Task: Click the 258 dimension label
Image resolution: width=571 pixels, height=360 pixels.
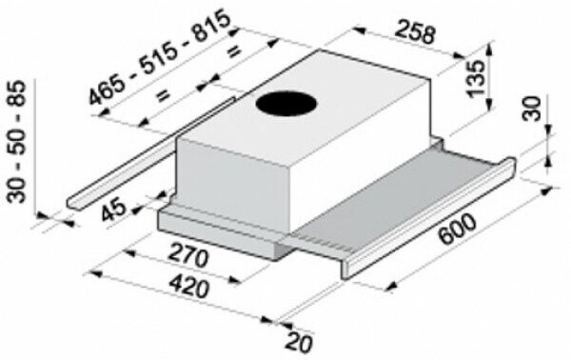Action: (x=415, y=31)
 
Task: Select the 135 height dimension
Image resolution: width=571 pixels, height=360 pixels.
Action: (x=477, y=77)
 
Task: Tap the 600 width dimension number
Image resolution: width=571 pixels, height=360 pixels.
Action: (x=457, y=230)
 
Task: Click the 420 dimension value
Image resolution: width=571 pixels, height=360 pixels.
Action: (x=189, y=286)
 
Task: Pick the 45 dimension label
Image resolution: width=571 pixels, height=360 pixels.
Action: (x=113, y=210)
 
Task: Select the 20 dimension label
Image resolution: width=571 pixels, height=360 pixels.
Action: (x=299, y=342)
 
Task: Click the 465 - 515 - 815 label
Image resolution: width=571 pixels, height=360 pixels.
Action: (x=160, y=57)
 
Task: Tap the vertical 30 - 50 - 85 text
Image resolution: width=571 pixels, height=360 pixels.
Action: (x=17, y=142)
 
